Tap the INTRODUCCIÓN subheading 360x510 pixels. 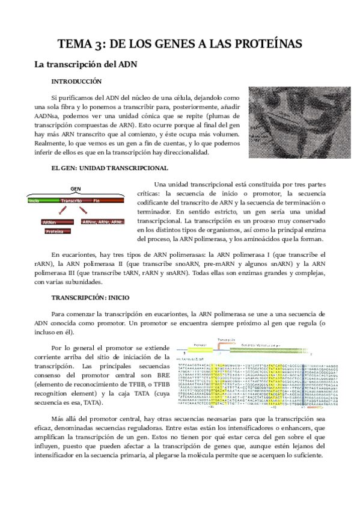(76, 81)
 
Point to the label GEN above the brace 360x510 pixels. (75, 188)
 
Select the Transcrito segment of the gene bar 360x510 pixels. (72, 200)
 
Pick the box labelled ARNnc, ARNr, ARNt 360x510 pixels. (102, 222)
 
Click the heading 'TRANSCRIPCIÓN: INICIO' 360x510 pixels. (90, 298)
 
